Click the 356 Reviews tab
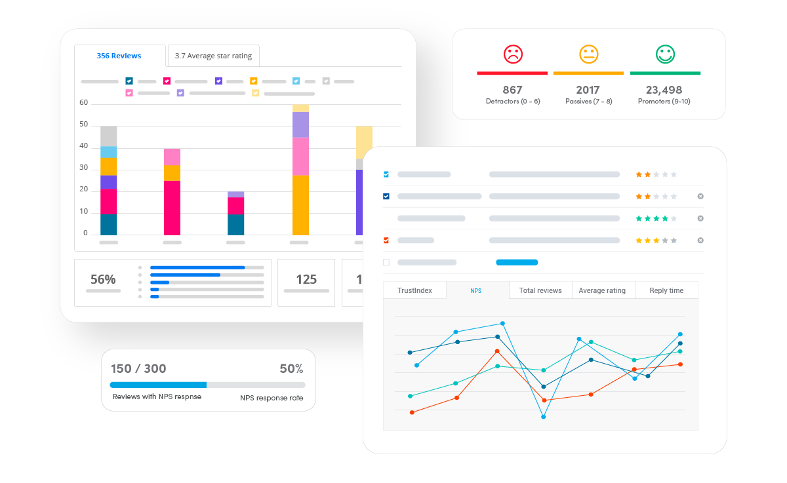pos(119,56)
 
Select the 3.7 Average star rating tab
pos(213,56)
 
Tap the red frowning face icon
pos(512,54)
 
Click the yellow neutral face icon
pos(589,54)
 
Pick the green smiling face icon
pos(665,54)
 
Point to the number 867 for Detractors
pos(512,90)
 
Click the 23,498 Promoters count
pos(664,90)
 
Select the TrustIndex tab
pos(414,290)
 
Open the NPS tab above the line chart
pos(476,290)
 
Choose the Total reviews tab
pos(540,290)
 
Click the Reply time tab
pos(666,290)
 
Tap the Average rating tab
pos(602,290)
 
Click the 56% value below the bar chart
pos(103,279)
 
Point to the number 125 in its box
pos(306,279)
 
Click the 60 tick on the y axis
pos(83,102)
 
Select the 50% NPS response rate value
pos(291,368)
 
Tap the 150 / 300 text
pos(138,368)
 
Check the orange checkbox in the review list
pos(386,241)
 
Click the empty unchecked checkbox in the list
pos(386,262)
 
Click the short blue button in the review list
pos(517,262)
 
